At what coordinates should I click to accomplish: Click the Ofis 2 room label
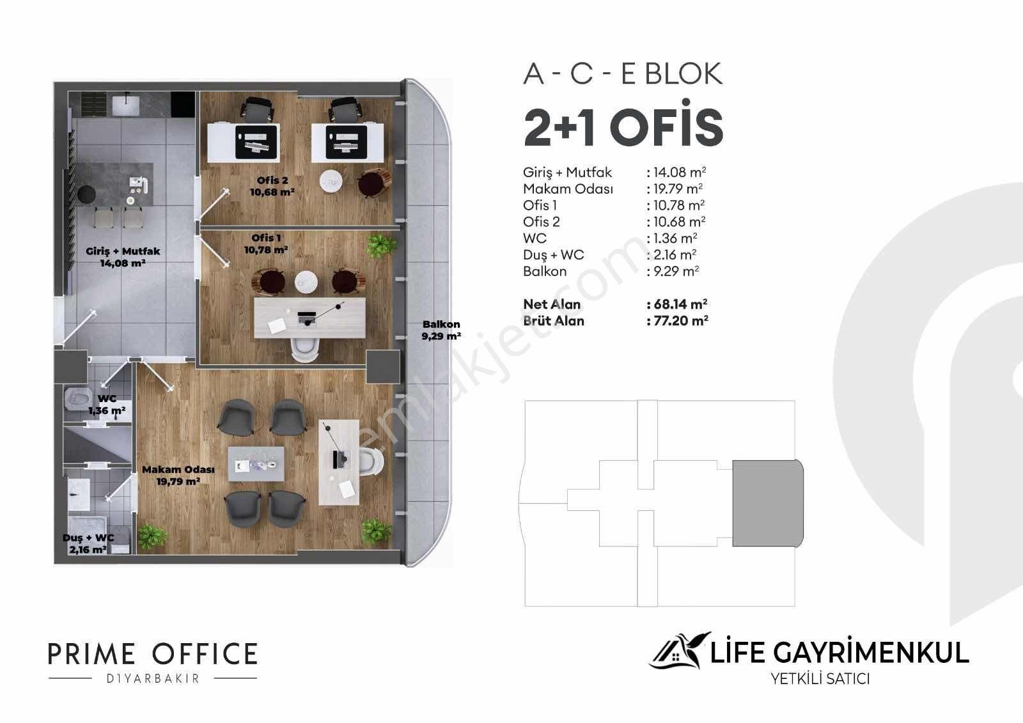(272, 187)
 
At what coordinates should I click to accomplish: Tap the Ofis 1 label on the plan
(266, 244)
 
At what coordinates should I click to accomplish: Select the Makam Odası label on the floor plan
(178, 476)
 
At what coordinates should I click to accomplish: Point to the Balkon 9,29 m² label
(441, 330)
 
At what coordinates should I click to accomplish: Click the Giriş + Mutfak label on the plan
(123, 257)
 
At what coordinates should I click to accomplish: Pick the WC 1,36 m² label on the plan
(107, 405)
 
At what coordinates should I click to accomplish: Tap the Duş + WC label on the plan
(88, 543)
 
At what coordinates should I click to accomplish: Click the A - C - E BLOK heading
(623, 74)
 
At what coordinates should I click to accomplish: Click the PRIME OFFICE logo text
(153, 653)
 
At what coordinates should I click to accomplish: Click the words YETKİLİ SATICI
(820, 679)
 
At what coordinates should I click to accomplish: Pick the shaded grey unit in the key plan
(768, 503)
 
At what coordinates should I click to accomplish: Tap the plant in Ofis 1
(381, 245)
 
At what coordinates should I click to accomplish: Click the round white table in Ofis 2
(331, 181)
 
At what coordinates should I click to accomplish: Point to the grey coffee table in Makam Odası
(256, 464)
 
